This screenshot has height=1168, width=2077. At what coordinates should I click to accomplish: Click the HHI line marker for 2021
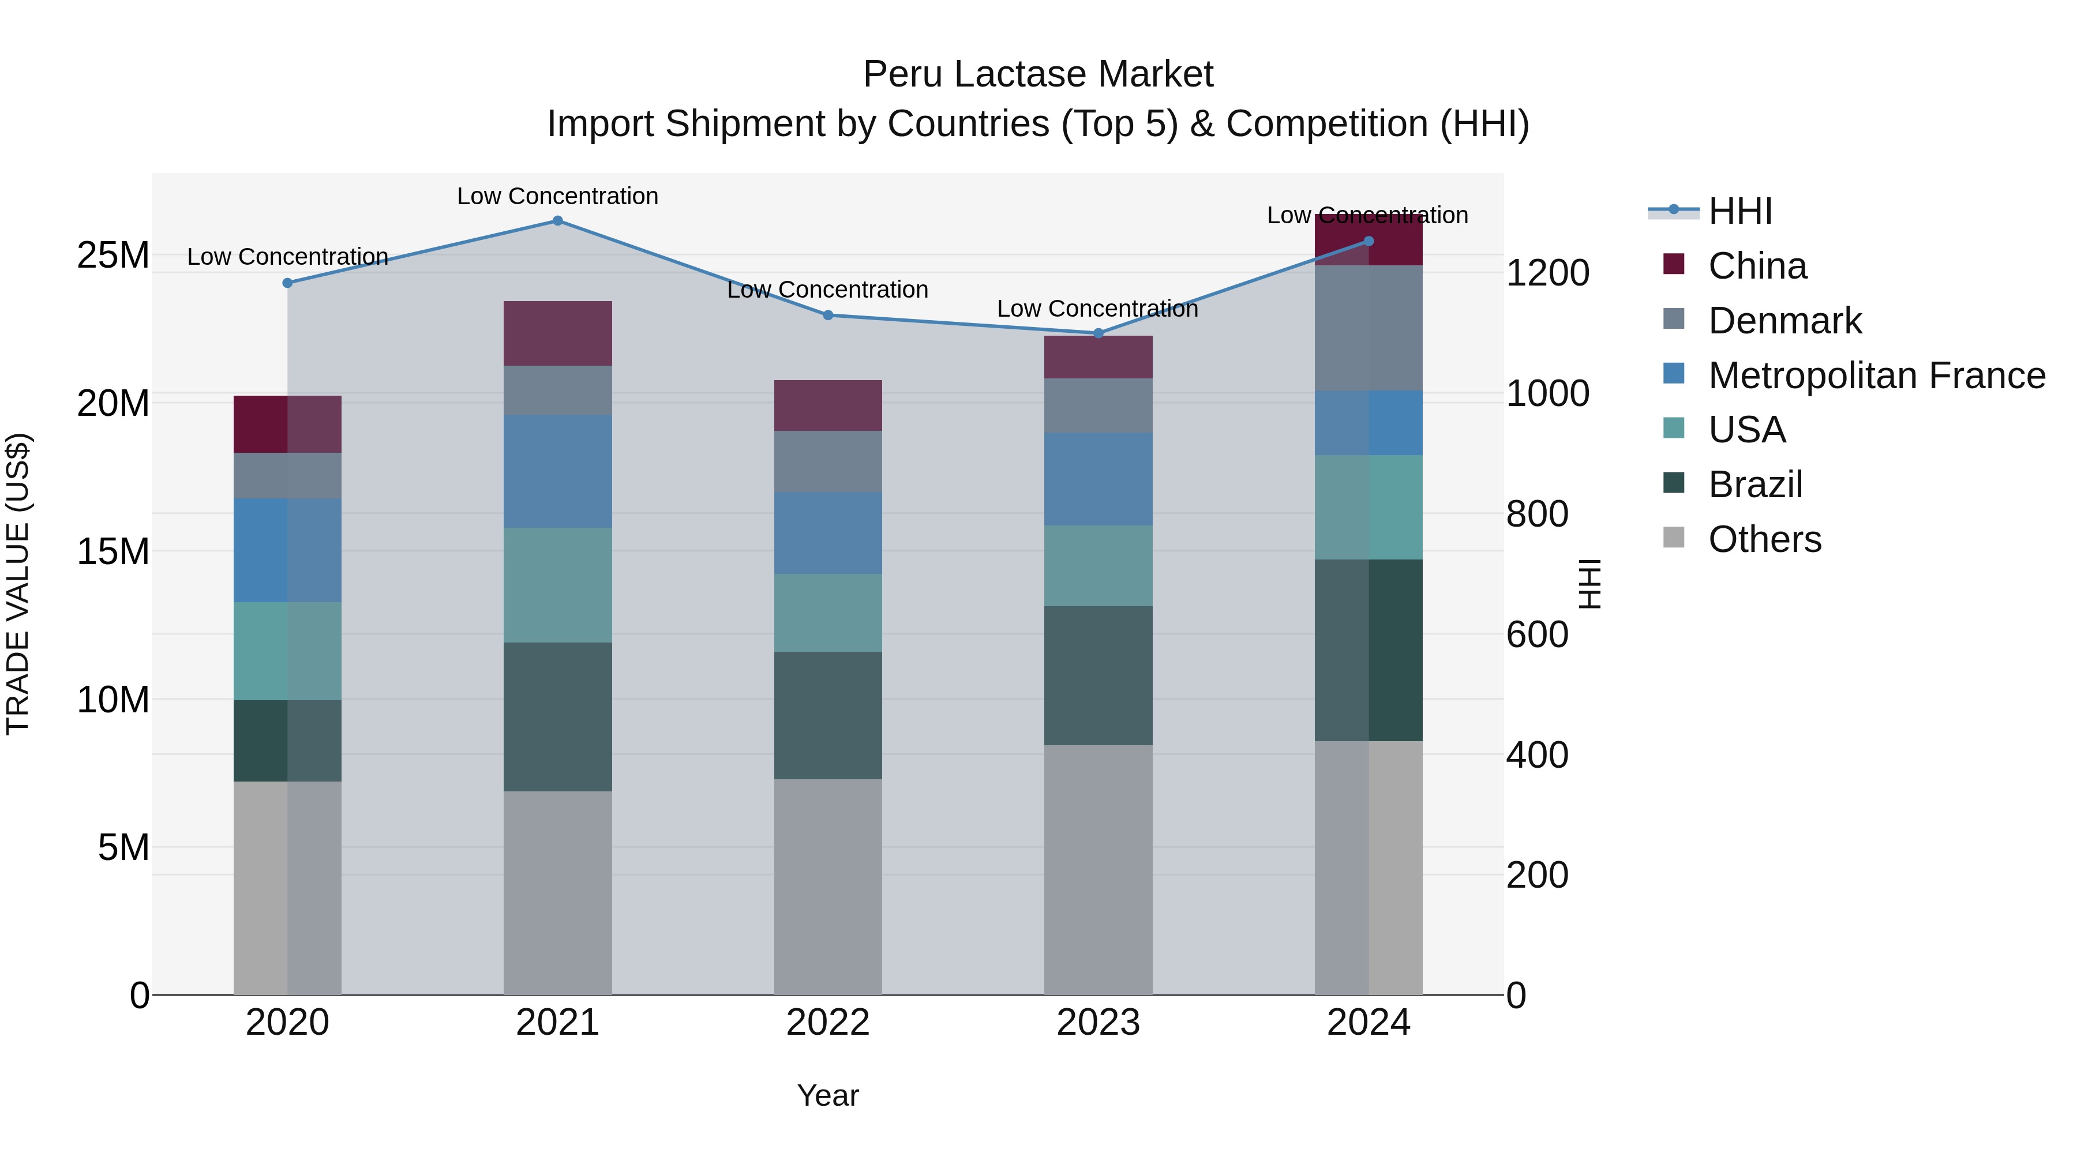click(x=557, y=221)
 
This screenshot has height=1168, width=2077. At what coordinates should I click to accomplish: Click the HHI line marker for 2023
click(x=1097, y=333)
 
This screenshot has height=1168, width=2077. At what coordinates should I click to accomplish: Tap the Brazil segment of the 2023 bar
click(x=1097, y=675)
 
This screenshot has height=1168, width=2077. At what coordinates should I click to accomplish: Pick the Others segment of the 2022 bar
click(x=827, y=887)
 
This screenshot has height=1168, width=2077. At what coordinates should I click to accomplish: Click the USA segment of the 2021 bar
click(x=557, y=585)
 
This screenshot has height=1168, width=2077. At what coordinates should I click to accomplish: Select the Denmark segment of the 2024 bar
click(x=1369, y=328)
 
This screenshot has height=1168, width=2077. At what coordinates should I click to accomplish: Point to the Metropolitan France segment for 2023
click(x=1097, y=480)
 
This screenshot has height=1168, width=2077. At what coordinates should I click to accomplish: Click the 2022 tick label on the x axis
click(x=827, y=1023)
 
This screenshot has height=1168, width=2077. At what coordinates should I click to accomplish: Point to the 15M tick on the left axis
click(x=113, y=552)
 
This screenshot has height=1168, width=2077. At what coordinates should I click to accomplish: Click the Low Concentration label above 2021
click(x=557, y=196)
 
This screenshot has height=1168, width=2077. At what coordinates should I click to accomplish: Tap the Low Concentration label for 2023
click(x=1097, y=309)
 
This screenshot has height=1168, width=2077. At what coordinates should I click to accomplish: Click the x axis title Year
click(x=827, y=1095)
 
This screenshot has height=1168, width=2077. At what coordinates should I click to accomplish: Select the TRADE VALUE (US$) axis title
click(x=18, y=584)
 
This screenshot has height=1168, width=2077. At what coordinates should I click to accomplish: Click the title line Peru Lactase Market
click(x=1038, y=74)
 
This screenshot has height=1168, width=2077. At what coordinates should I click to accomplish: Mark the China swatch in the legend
click(x=1674, y=264)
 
